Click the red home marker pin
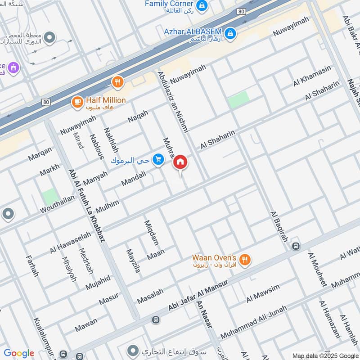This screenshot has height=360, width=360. [180, 162]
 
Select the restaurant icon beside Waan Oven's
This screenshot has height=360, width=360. [245, 259]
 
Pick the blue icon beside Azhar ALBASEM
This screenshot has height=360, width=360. [230, 33]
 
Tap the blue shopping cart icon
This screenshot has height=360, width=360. [157, 159]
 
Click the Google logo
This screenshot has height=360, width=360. [19, 353]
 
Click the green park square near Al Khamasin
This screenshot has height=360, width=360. [238, 99]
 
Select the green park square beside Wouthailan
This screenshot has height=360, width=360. [50, 197]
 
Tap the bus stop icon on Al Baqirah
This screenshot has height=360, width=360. [295, 246]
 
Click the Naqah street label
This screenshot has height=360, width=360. [138, 116]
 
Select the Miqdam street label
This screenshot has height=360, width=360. [152, 233]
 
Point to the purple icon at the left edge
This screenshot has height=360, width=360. [13, 67]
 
